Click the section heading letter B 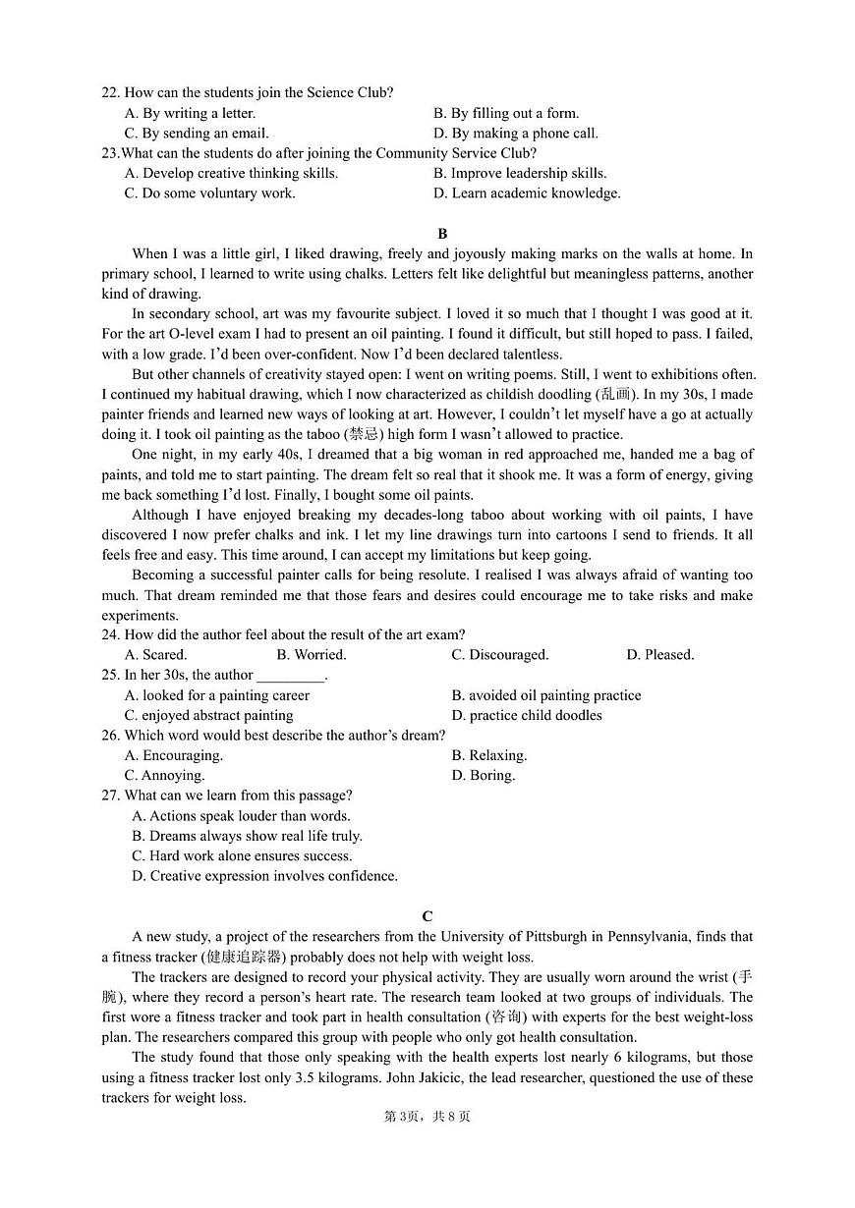442,233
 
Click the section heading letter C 427,916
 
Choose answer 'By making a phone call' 516,133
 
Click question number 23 109,152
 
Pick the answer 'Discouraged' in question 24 500,654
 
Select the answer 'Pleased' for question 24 660,654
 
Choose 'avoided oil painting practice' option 546,695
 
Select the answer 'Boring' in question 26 484,775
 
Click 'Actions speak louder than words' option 241,815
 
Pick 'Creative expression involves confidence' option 264,875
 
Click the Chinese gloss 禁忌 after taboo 365,434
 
